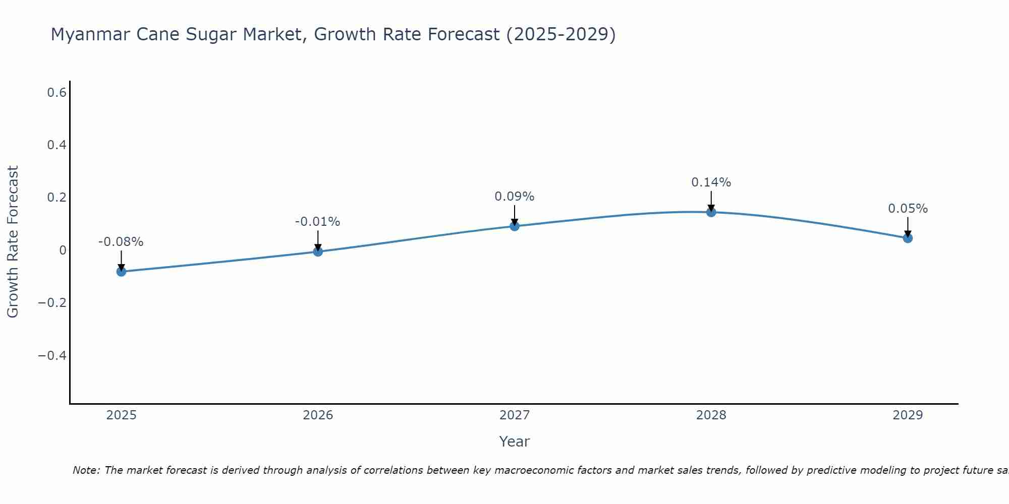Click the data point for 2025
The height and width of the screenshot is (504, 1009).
[121, 272]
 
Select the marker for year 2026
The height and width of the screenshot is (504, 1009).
[318, 251]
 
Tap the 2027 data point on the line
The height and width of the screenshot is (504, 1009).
[515, 226]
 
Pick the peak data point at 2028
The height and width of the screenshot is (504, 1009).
[711, 212]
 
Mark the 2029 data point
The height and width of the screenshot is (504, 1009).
[908, 238]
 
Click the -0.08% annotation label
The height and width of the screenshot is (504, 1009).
[121, 242]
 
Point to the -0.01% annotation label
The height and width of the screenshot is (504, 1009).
[318, 222]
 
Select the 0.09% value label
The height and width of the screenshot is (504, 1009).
[515, 197]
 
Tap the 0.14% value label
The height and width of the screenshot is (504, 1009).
[711, 182]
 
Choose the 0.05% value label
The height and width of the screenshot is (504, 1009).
[908, 209]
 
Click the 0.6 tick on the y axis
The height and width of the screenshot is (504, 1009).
[57, 92]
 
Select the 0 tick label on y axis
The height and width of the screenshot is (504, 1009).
[63, 250]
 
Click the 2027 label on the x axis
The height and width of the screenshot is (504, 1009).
[515, 415]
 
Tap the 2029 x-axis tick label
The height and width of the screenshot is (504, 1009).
[908, 415]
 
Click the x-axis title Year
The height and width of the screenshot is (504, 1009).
[515, 442]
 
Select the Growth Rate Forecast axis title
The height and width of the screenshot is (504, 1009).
[13, 242]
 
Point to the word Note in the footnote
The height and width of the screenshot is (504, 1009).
[86, 470]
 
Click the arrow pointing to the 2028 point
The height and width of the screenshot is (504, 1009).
[711, 200]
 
